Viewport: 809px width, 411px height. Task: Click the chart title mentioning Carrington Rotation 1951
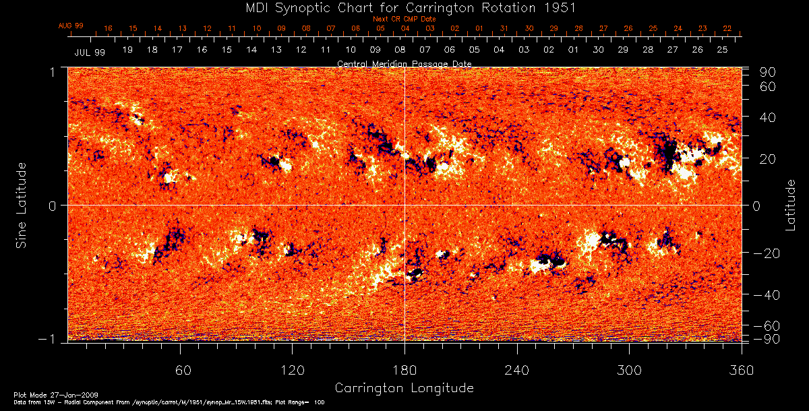tap(404, 7)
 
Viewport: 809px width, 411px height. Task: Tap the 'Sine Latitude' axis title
tap(22, 203)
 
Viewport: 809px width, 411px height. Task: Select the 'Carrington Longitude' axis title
tap(404, 388)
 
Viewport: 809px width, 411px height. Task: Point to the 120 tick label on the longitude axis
tap(292, 371)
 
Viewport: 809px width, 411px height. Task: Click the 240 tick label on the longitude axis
tap(516, 371)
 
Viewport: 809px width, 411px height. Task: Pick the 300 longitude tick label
tap(629, 371)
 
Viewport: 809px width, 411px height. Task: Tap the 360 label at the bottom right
tap(741, 371)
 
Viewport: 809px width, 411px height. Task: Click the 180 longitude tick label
tap(404, 371)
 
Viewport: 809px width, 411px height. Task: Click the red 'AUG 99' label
tap(71, 26)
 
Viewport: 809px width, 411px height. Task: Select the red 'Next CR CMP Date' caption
tap(404, 19)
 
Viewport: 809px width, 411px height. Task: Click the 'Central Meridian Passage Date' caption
tap(404, 63)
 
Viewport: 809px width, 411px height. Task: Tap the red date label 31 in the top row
tap(504, 28)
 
